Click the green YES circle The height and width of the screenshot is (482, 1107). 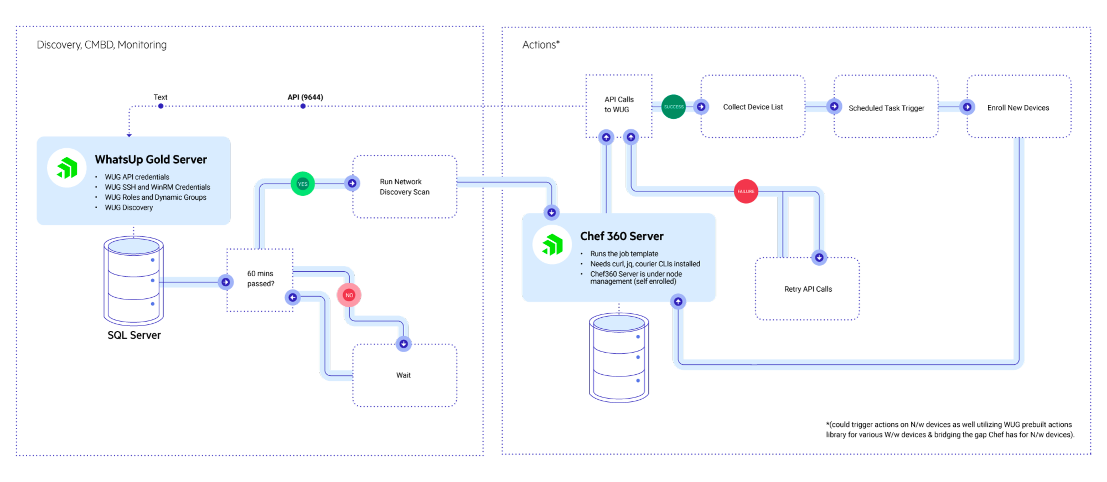click(x=302, y=184)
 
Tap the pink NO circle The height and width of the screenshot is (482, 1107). click(x=349, y=295)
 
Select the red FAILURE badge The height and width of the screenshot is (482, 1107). click(x=746, y=191)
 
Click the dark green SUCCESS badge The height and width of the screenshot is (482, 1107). click(x=673, y=107)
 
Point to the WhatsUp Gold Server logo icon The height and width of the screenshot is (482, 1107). click(x=67, y=168)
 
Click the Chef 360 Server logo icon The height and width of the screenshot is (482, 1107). click(x=552, y=244)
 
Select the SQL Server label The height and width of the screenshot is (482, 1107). click(x=134, y=335)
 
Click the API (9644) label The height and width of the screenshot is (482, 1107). click(x=305, y=97)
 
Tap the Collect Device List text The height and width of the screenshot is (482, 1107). click(x=752, y=107)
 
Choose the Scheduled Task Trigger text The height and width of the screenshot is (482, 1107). click(x=886, y=108)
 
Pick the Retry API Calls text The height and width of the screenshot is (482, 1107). click(x=808, y=289)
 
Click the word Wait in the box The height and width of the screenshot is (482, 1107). click(x=403, y=375)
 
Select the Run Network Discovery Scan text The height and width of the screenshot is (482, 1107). click(x=404, y=187)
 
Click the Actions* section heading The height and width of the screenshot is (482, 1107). click(x=540, y=45)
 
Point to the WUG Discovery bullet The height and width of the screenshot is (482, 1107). click(x=128, y=207)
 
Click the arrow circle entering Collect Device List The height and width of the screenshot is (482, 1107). click(x=701, y=107)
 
